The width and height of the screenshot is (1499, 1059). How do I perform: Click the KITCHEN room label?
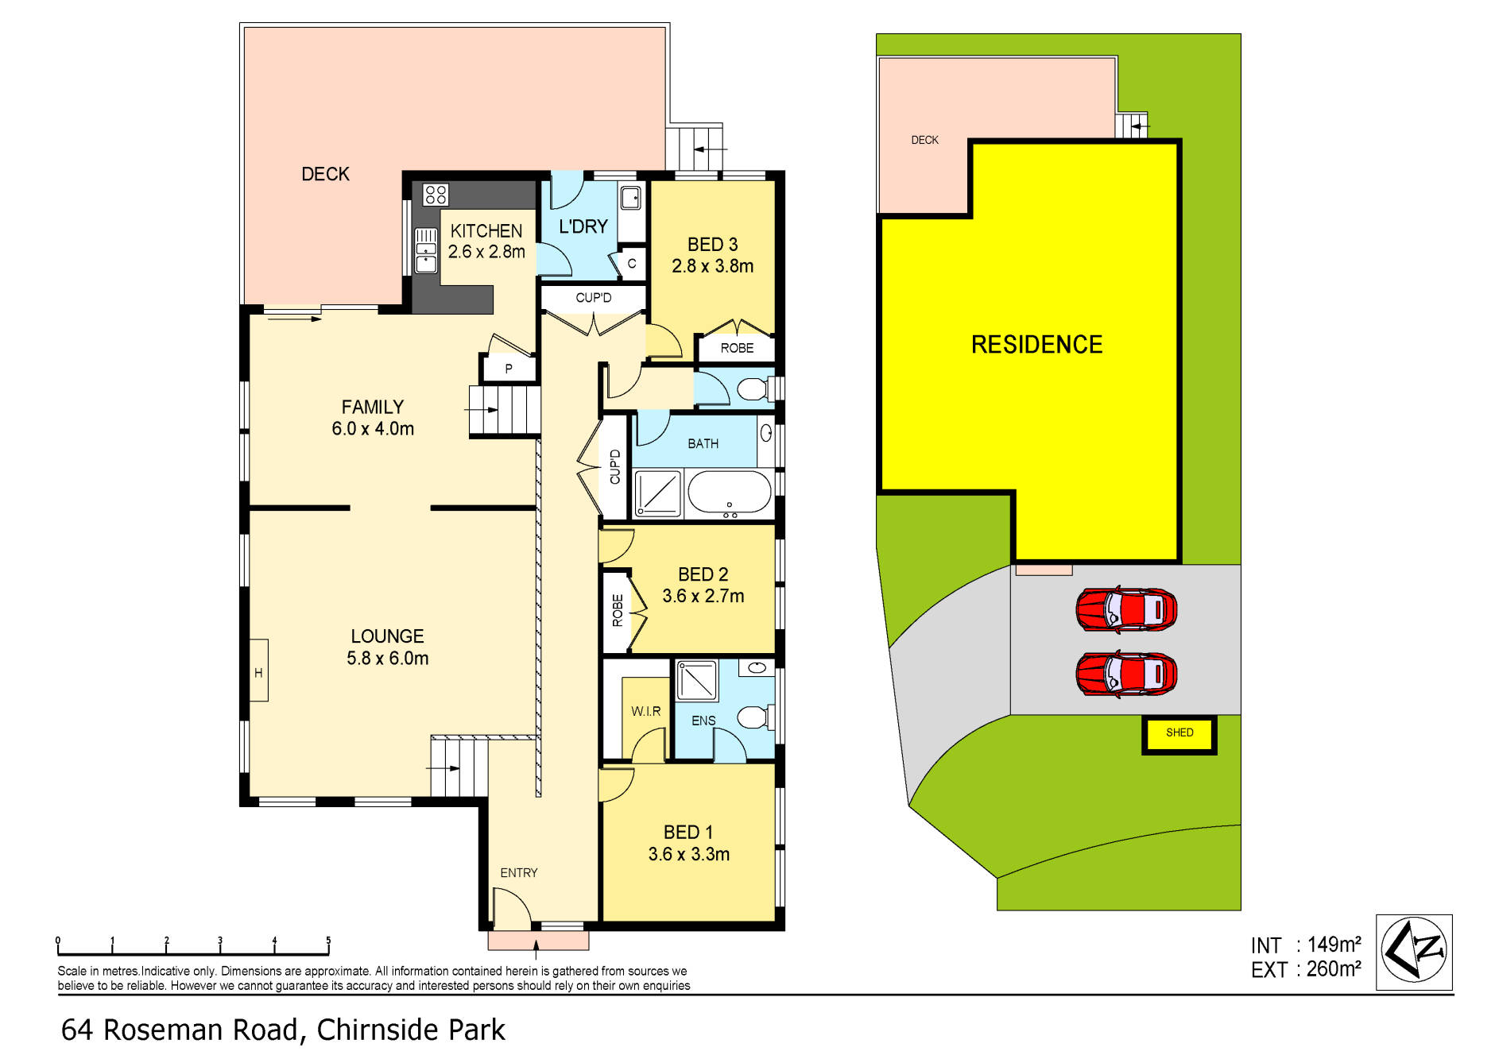pos(486,231)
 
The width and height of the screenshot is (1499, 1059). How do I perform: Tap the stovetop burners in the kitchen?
pos(436,195)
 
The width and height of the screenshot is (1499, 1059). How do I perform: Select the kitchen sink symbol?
pos(426,250)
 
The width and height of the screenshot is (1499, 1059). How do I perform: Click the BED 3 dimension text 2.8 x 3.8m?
pos(712,266)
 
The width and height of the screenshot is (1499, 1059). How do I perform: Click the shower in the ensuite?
pos(696,681)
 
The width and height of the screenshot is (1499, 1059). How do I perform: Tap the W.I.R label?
pos(645,711)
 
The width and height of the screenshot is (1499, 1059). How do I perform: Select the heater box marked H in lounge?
pos(258,671)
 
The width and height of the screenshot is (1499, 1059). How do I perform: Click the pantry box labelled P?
pos(509,368)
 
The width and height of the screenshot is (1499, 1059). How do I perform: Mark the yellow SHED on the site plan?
pos(1179,734)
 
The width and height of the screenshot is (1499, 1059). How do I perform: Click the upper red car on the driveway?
pos(1125,610)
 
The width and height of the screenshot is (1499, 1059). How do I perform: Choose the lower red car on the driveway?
pos(1125,674)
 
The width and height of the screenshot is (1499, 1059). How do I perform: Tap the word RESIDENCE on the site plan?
pos(1036,344)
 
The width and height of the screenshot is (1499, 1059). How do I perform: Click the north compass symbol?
pos(1414,951)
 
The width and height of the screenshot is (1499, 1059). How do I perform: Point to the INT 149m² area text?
pos(1305,945)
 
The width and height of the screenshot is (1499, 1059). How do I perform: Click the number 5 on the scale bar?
pos(328,941)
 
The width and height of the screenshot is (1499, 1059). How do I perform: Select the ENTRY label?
pos(518,872)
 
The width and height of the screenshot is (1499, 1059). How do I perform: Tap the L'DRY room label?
pos(583,226)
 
